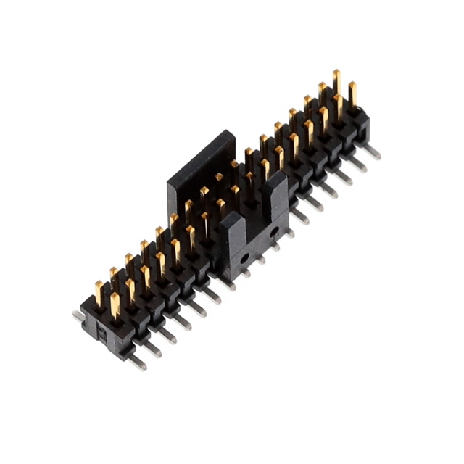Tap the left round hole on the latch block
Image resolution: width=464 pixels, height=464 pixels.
pos(245,257)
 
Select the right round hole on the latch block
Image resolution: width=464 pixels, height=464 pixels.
pos(273,232)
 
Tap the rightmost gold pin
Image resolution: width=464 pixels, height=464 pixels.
pos(352,93)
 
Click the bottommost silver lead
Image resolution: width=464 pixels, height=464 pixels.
pos(136,362)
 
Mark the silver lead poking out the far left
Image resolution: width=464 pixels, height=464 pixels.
pos(78,315)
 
